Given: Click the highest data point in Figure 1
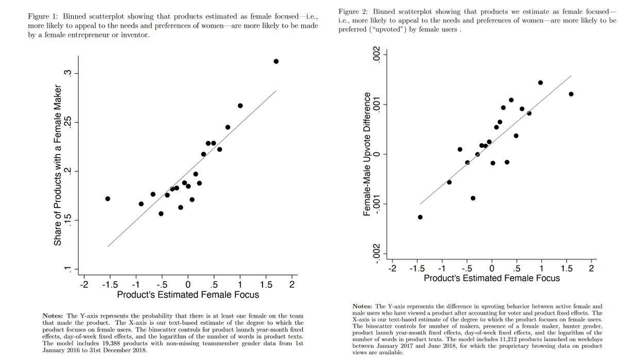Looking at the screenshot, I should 276,61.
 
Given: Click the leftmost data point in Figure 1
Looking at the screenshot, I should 108,198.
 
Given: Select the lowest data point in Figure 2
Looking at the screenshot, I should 420,217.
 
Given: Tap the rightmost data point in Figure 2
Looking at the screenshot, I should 571,94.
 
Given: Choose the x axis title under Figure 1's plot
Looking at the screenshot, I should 188,295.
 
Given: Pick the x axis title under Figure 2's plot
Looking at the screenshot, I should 491,278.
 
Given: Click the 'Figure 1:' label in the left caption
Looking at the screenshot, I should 44,16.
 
